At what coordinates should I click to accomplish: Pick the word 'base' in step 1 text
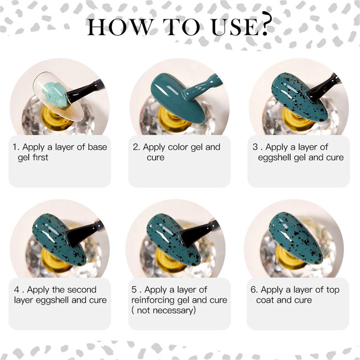(97, 147)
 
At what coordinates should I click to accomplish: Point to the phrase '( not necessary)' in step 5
(163, 310)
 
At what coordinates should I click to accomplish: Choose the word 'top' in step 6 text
(333, 290)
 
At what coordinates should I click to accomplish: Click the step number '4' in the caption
(16, 290)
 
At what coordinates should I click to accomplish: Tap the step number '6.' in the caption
(254, 290)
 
